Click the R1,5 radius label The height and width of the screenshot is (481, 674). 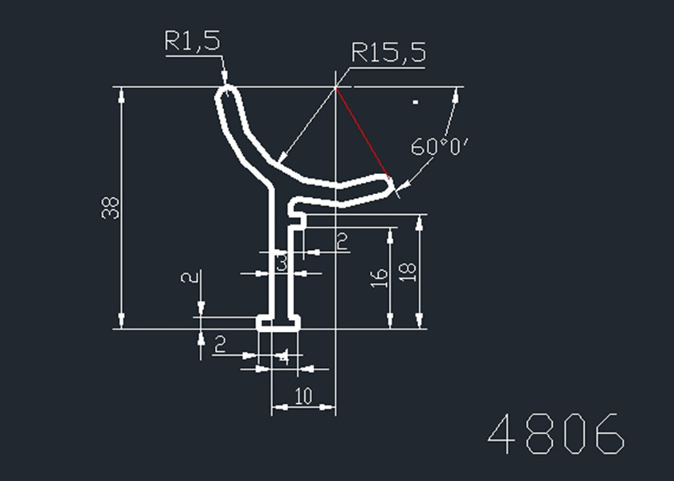click(x=192, y=42)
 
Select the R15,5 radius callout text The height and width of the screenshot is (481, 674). click(x=388, y=55)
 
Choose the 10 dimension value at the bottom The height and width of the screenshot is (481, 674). click(x=303, y=396)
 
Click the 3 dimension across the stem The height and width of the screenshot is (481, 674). click(x=282, y=261)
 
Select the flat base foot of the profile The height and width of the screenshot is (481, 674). click(x=278, y=322)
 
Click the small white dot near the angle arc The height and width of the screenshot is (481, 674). click(x=416, y=102)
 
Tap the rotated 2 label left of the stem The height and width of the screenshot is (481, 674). click(x=189, y=278)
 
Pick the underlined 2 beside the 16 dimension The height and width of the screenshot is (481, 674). click(x=341, y=241)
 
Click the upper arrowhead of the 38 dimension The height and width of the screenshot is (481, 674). click(x=122, y=95)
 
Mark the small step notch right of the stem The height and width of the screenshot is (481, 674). click(x=298, y=218)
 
